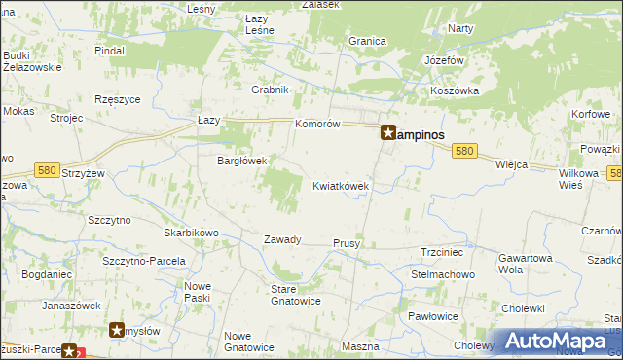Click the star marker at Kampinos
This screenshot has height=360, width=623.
[x=387, y=134]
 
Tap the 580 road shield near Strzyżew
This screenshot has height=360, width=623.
[x=46, y=170]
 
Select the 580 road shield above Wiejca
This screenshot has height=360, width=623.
[x=465, y=152]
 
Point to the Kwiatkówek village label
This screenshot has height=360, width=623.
[x=341, y=186]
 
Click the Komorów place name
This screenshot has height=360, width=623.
[x=317, y=125]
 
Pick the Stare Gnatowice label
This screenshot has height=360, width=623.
[x=296, y=294]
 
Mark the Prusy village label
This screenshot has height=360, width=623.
[x=348, y=243]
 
